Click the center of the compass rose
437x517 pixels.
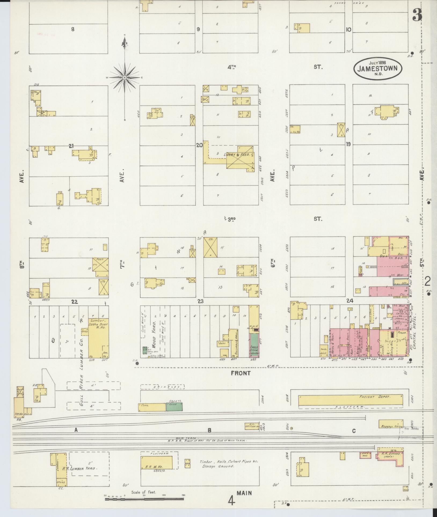click(125, 78)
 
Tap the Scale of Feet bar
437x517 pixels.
click(144, 499)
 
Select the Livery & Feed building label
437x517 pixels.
click(239, 155)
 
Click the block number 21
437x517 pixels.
click(71, 146)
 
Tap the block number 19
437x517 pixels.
click(348, 144)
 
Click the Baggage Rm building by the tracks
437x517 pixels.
click(391, 424)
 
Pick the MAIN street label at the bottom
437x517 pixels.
click(244, 493)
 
